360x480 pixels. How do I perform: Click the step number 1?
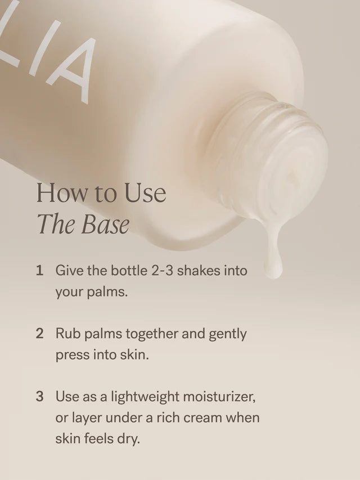[39, 271]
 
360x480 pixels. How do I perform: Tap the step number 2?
[39, 334]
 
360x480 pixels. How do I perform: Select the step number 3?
[39, 396]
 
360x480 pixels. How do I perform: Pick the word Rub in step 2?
[66, 334]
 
